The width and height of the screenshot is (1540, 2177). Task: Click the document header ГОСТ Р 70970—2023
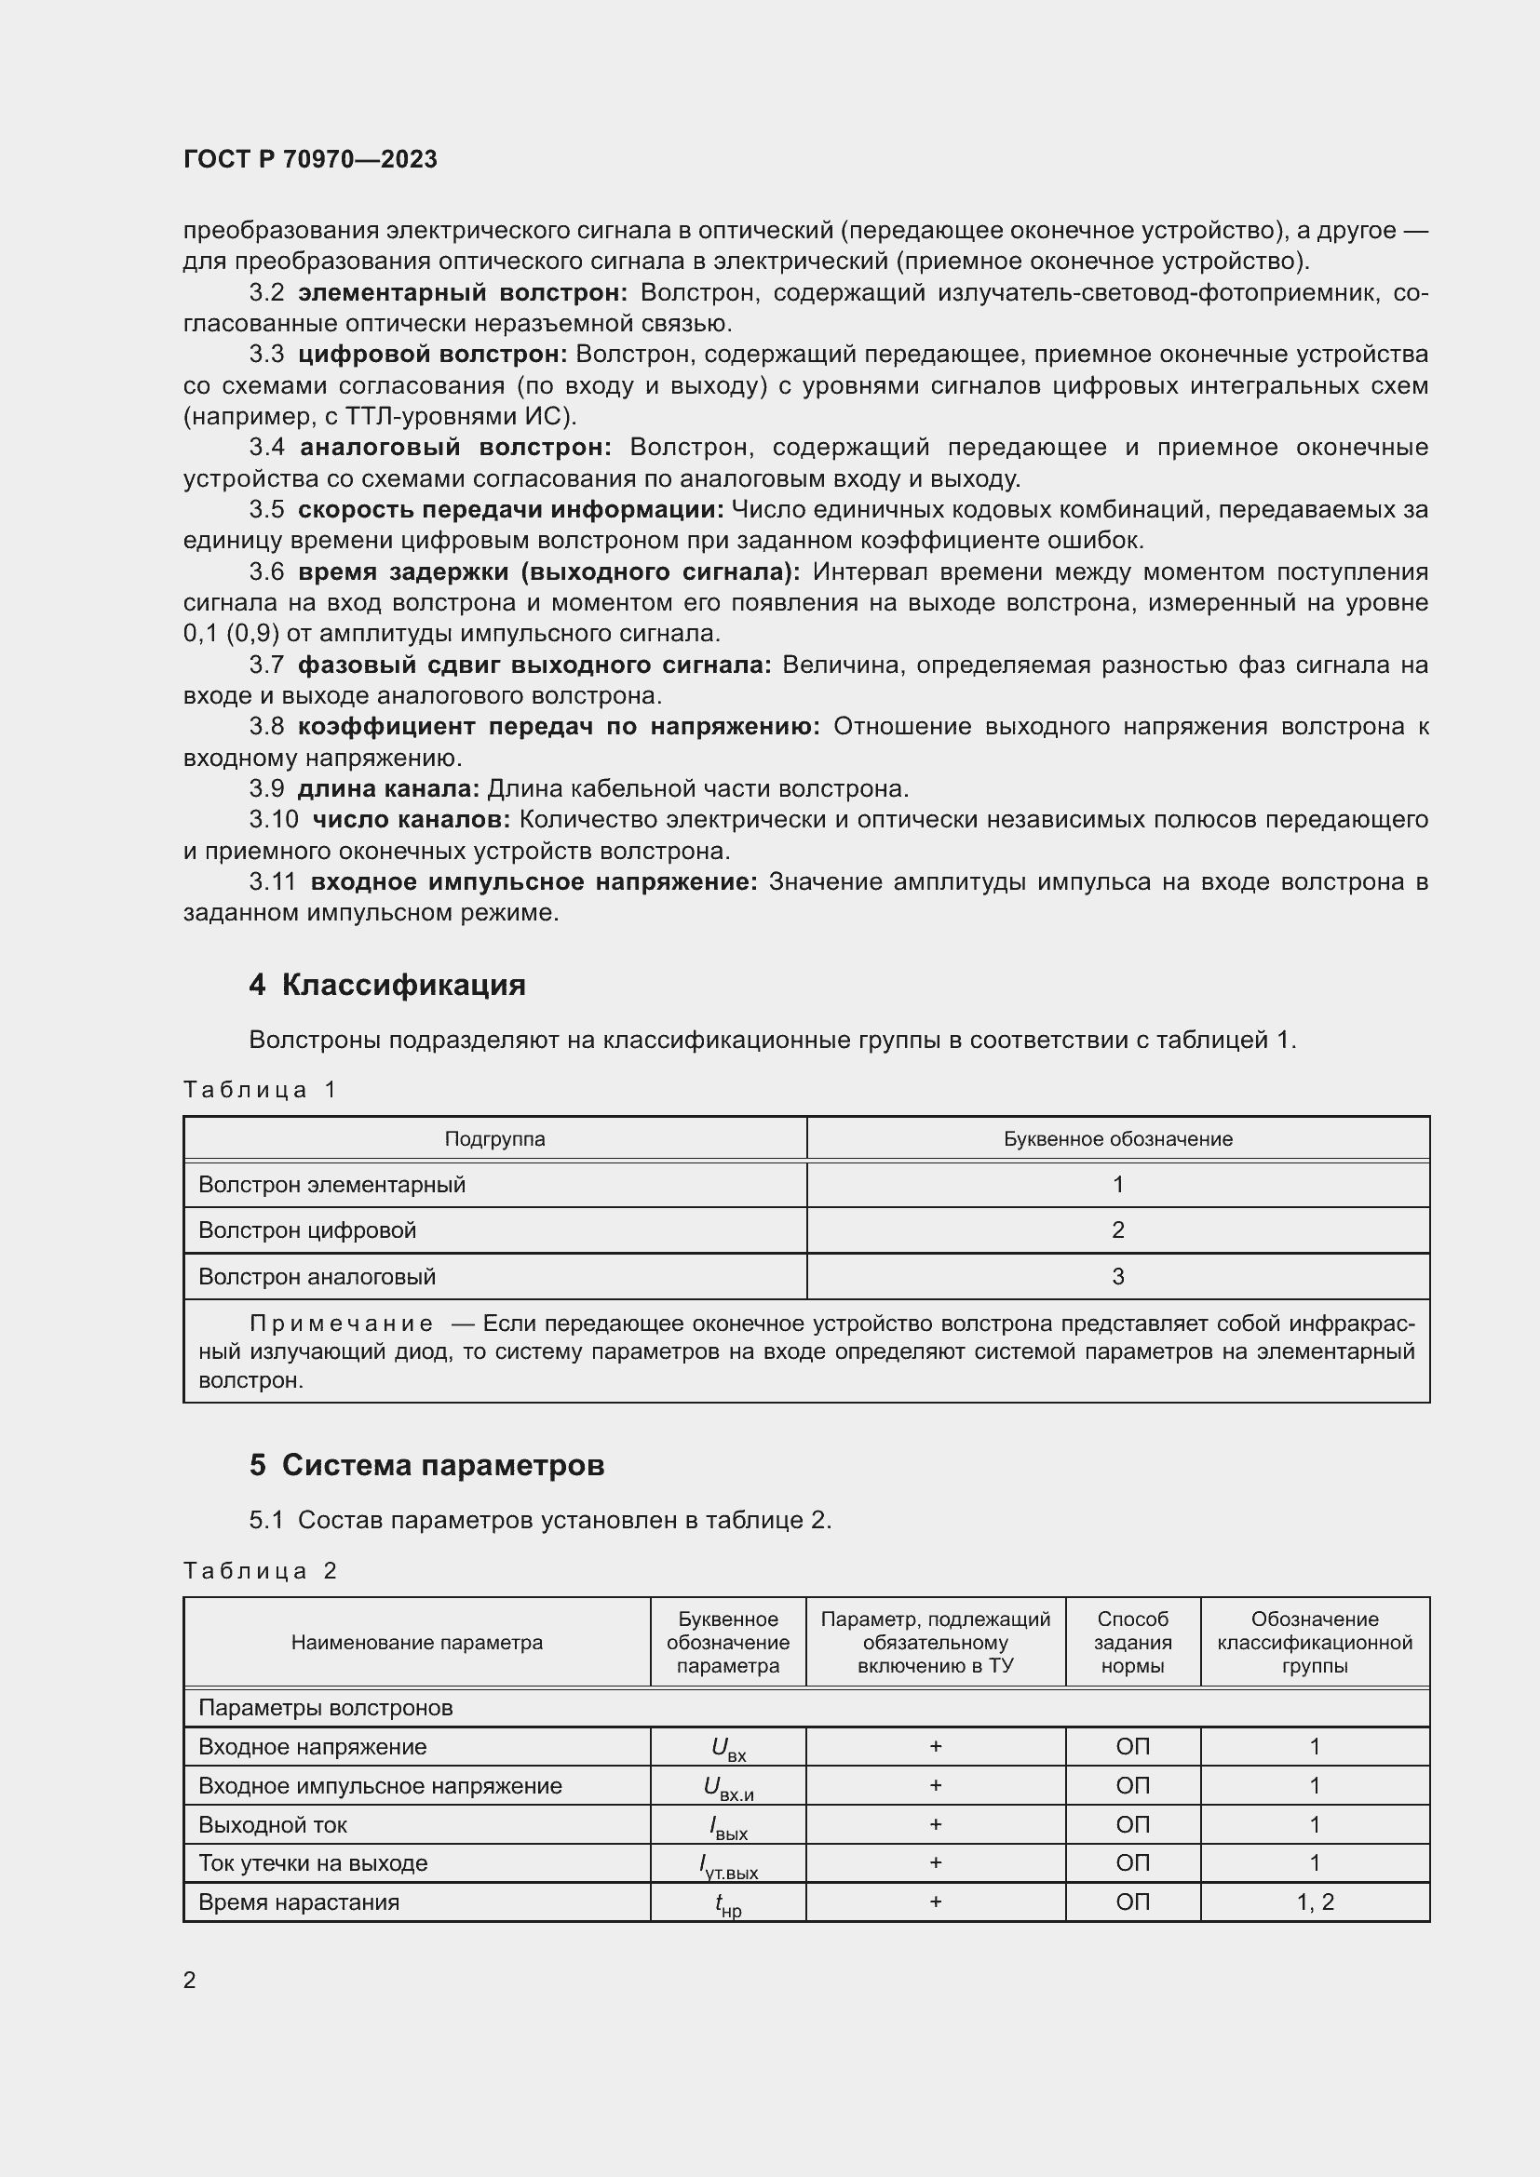coord(310,159)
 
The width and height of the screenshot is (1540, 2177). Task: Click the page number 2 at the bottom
coord(190,1980)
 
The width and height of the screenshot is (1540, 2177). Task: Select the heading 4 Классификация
coord(387,985)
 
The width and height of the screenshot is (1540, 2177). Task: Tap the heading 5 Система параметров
coord(426,1465)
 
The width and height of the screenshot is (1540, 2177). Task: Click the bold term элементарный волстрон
coord(463,293)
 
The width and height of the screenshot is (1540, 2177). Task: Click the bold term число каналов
coord(412,819)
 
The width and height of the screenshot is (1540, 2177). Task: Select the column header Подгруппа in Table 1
coord(494,1138)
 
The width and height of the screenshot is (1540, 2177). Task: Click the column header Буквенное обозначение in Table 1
coord(1118,1138)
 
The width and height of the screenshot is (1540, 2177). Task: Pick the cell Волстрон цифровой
coord(307,1230)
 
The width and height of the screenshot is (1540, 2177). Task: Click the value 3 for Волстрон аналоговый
coord(1118,1277)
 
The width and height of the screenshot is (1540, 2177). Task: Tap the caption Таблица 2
coord(260,1571)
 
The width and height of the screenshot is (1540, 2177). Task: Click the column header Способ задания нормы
coord(1132,1642)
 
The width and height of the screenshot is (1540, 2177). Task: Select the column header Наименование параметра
coord(416,1642)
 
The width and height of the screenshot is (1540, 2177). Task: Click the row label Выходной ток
coord(273,1824)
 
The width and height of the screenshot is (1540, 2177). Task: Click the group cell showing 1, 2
coord(1315,1902)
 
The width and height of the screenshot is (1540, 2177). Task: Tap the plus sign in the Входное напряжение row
coord(935,1746)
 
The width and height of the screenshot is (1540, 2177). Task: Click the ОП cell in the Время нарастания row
coord(1132,1902)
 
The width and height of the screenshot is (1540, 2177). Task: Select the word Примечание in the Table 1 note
coord(342,1324)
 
